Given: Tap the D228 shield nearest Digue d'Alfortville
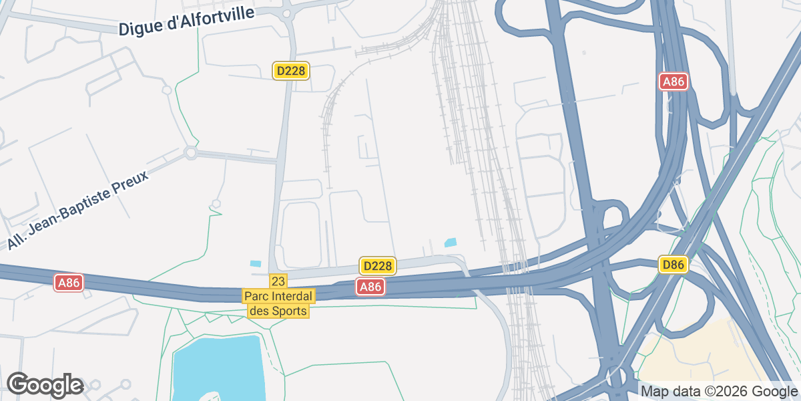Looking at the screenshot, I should (x=292, y=71).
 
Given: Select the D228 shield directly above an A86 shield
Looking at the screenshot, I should (x=378, y=266).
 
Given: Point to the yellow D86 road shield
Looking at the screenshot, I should (x=673, y=265).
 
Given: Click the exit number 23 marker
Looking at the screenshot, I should (x=278, y=281).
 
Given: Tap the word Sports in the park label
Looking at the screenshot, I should (x=290, y=311).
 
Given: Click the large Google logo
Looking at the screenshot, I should (x=45, y=385).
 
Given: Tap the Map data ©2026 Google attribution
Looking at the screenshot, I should (x=718, y=391).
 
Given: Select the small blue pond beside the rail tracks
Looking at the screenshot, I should (x=451, y=243).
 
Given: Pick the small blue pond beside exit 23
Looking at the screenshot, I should (x=256, y=264).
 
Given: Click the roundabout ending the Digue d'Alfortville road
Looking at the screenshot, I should (x=288, y=13).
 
